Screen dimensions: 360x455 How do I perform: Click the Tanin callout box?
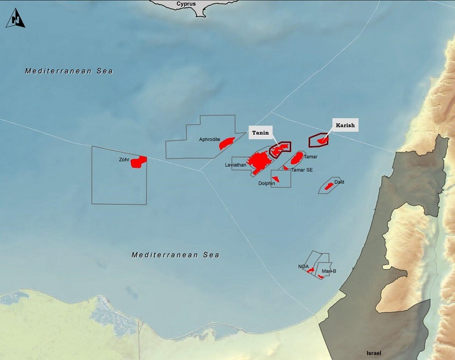260,133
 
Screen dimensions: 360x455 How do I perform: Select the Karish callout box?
345,125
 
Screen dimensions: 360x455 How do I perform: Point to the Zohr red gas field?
138,162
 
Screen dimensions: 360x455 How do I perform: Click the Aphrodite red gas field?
227,143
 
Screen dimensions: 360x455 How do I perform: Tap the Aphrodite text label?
210,139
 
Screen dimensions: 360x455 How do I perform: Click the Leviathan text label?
235,165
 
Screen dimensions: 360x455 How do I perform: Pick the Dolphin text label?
266,184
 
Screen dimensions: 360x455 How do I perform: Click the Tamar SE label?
301,169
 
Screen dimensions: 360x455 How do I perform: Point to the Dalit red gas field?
329,186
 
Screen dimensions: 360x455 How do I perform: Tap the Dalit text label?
340,182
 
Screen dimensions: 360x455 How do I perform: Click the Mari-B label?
329,271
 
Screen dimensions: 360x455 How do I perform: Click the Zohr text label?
124,160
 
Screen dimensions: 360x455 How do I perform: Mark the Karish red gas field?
322,139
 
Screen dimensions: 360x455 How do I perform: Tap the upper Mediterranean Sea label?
69,71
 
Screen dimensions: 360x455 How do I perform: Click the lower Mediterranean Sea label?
175,255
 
